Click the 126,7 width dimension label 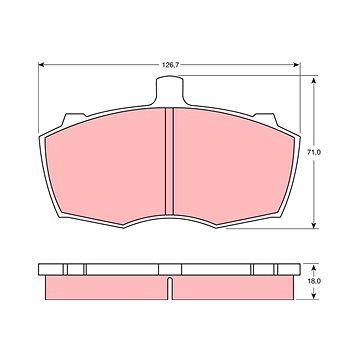click(x=171, y=65)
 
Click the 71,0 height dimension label click(x=314, y=152)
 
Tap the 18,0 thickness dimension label click(x=314, y=281)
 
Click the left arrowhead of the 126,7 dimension click(x=42, y=65)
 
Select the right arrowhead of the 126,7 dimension click(x=297, y=65)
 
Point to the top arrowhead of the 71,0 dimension click(x=313, y=82)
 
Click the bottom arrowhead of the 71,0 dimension click(x=313, y=225)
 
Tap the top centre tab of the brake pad click(x=170, y=90)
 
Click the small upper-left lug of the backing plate click(x=74, y=119)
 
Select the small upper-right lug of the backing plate click(x=266, y=119)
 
